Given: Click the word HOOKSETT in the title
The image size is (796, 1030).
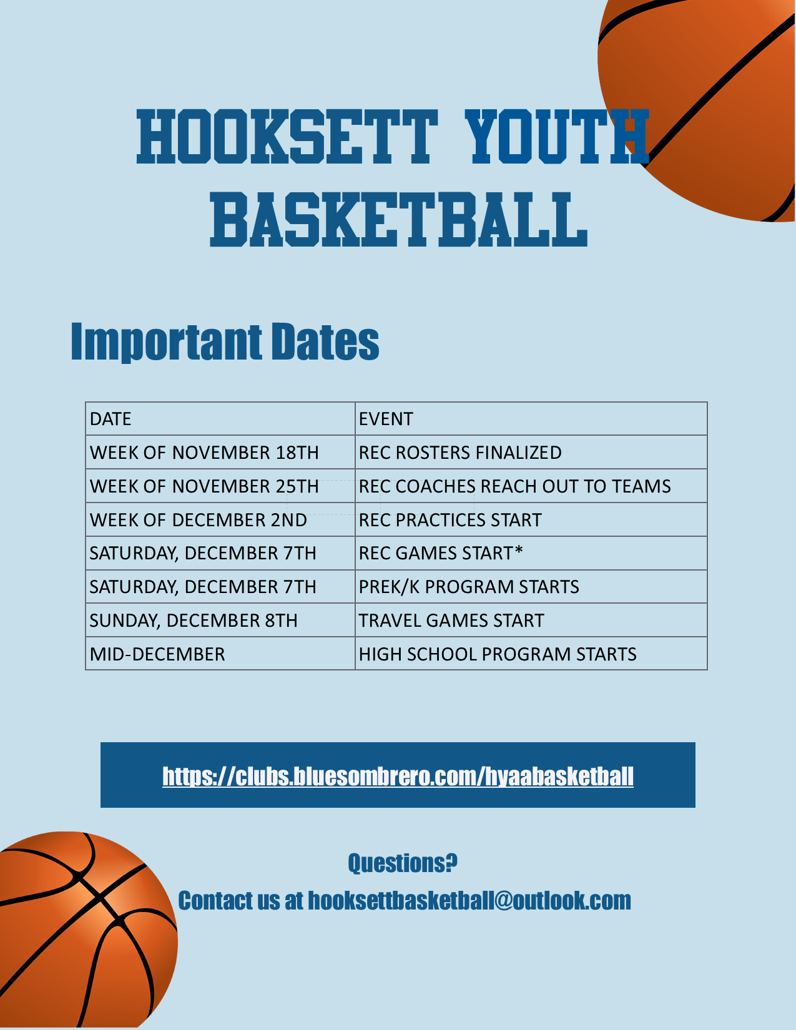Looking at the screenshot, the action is pos(287,137).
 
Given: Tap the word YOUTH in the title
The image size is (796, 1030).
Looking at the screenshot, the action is pos(557,137).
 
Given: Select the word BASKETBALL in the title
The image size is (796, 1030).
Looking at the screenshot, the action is pos(399,220).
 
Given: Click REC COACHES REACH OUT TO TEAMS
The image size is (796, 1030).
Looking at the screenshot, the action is pos(515,486).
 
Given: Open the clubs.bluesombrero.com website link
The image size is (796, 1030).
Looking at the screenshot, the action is pos(398,777).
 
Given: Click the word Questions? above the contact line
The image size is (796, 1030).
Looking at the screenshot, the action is pos(403,863).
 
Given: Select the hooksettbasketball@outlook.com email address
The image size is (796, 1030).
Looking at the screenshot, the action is pos(469,901).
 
